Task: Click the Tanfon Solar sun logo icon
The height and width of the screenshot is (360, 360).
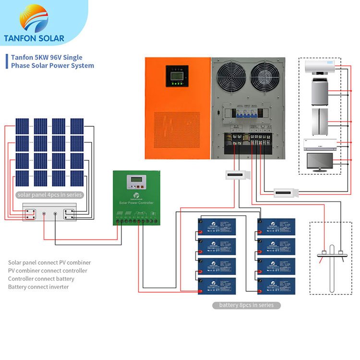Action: coord(34,18)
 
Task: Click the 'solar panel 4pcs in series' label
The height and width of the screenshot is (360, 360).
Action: coord(49,195)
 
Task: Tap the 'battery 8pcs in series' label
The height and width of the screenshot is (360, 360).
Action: coord(246,305)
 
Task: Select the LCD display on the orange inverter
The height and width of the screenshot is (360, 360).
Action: coord(177,74)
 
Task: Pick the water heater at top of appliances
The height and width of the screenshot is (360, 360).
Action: coord(319,67)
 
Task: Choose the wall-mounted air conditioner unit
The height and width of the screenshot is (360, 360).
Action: coord(319,143)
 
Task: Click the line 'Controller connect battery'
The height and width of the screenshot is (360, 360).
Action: coord(41,279)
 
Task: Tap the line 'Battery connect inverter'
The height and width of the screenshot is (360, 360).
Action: coord(38,287)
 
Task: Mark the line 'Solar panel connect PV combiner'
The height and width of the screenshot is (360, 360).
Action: coord(49,263)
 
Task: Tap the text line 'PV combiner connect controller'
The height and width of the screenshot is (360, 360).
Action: coord(48,271)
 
